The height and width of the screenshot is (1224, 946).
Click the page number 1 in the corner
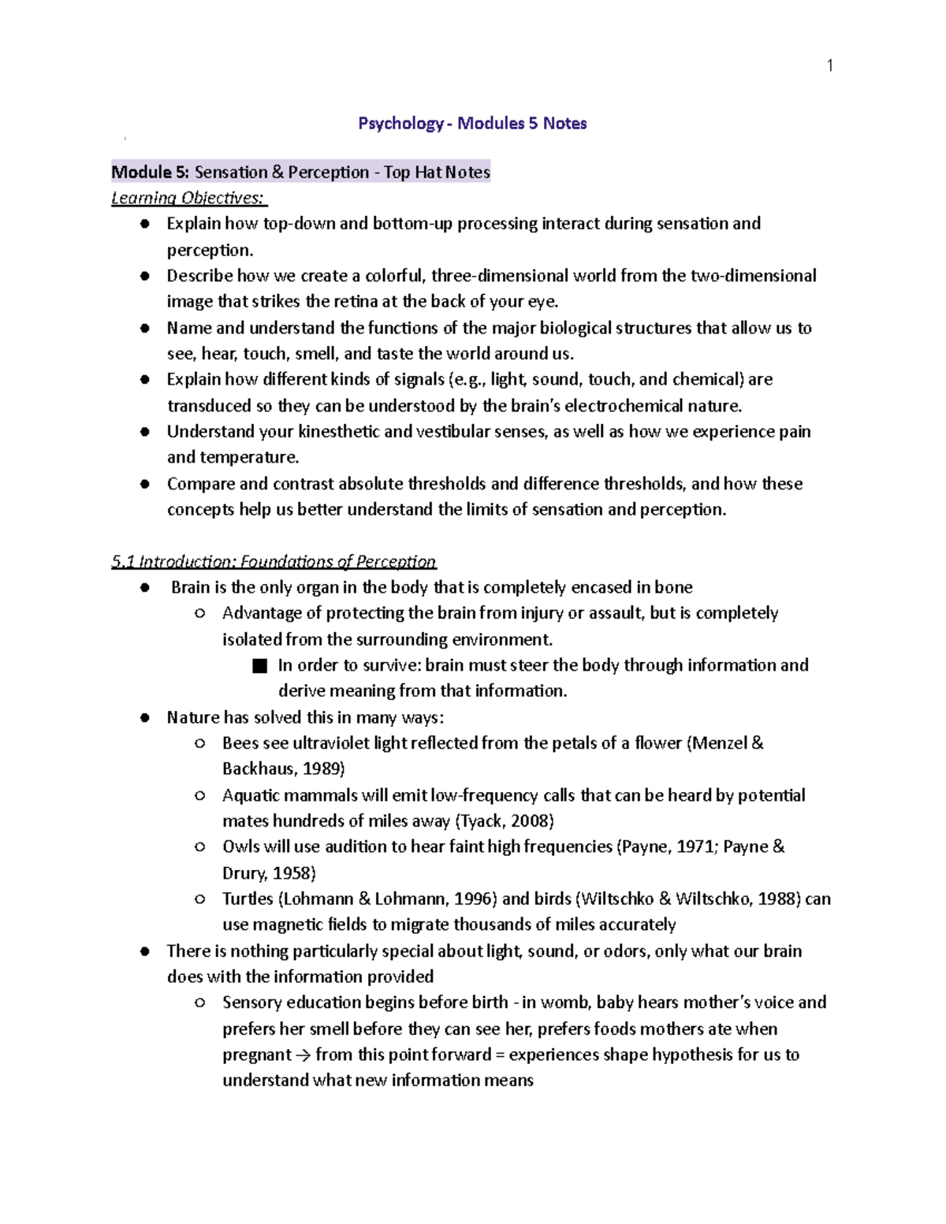829,65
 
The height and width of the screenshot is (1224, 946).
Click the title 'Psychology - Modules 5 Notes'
472,123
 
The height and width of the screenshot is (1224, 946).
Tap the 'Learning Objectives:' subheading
188,198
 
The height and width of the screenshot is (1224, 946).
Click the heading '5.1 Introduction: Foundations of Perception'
273,561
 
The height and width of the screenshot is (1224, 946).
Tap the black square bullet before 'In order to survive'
260,666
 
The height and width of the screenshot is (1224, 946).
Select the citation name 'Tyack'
481,820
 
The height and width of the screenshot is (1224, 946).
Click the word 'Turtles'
248,898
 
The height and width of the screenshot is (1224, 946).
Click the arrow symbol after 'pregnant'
304,1055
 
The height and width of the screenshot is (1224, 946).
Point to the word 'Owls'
240,846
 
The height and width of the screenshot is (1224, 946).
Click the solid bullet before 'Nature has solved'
144,717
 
